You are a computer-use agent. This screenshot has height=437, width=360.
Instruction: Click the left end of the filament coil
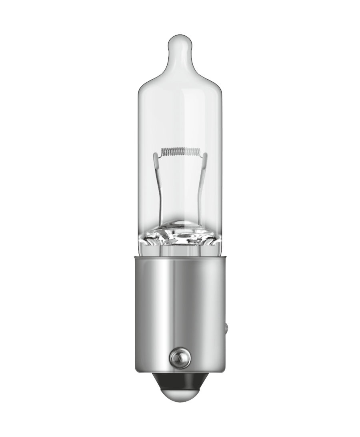[162, 152]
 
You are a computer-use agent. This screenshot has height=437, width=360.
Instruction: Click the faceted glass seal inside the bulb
[180, 236]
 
